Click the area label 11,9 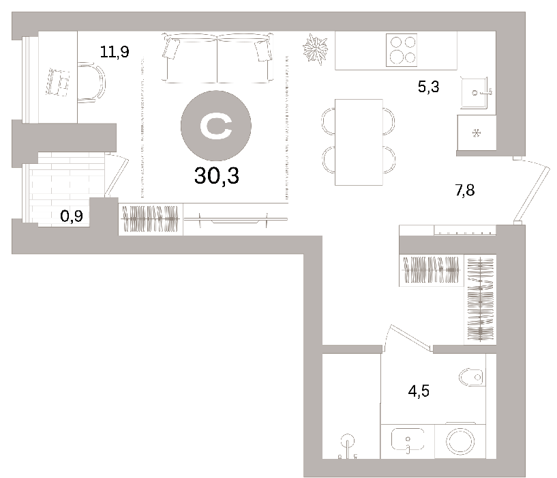115,52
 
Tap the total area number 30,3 216,175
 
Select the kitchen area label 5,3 428,87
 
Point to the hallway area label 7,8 465,190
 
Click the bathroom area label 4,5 419,391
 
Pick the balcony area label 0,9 72,216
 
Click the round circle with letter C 216,126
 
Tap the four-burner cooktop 402,50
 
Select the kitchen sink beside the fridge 476,93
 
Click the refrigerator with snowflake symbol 477,132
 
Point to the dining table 359,142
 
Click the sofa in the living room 217,58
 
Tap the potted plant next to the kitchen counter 315,49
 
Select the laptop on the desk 57,82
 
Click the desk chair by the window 91,83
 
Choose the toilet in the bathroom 472,377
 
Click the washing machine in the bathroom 460,441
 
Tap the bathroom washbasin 408,440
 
